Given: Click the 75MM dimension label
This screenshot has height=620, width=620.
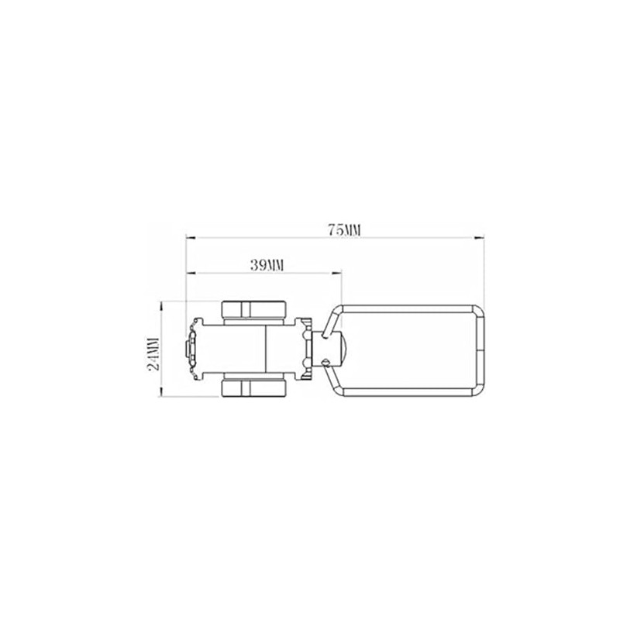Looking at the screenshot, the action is (x=344, y=230).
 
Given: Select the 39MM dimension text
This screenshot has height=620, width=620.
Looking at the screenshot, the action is (x=267, y=265).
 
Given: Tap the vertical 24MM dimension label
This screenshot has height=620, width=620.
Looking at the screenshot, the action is (x=153, y=353).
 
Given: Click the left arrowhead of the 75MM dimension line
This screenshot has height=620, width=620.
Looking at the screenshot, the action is (x=191, y=238).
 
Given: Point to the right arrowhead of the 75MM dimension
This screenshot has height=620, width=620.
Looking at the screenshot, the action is (x=479, y=238).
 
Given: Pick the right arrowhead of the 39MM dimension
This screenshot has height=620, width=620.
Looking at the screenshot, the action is (x=336, y=273).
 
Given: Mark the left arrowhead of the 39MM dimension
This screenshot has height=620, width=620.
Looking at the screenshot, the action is (x=191, y=273).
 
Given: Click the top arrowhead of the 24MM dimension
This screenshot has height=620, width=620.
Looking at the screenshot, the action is (x=161, y=306).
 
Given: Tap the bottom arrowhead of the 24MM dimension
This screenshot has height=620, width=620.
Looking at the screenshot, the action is (x=161, y=392).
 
